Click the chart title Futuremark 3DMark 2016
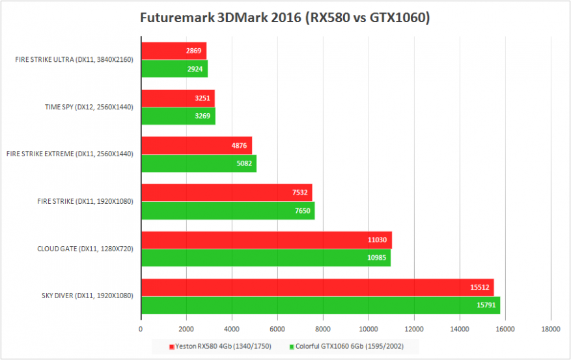(285, 18)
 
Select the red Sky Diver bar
(317, 288)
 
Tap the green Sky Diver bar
(320, 305)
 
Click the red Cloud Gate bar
(266, 240)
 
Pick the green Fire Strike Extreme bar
(199, 163)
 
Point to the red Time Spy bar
(178, 98)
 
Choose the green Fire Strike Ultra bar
(174, 68)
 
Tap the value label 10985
(378, 258)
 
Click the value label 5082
(245, 163)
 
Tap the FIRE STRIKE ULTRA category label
(74, 60)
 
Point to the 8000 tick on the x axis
(324, 329)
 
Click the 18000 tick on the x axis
(551, 329)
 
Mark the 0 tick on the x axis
(141, 329)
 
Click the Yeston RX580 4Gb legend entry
(220, 346)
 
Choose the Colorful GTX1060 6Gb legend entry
(346, 346)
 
